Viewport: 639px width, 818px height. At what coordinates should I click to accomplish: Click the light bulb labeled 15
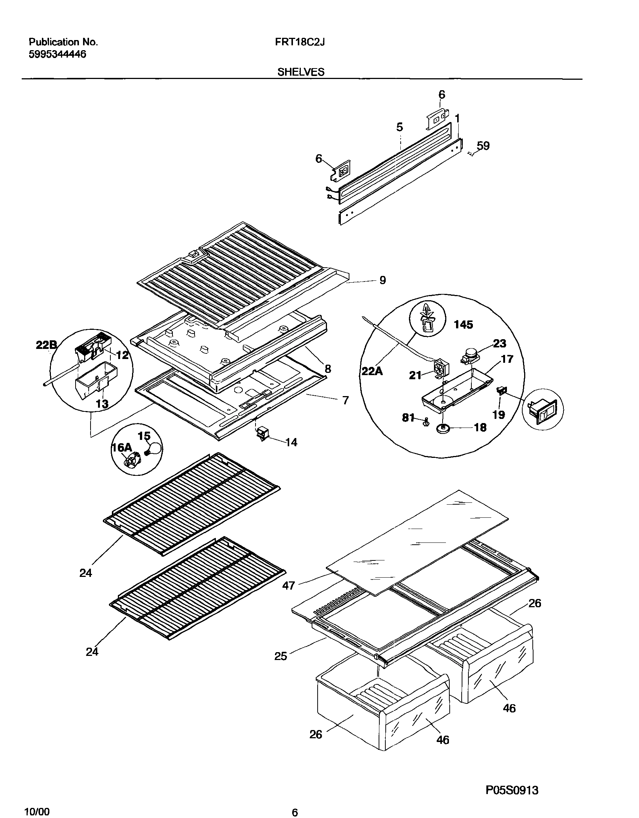(x=154, y=449)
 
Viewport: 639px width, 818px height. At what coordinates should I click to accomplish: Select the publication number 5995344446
(x=57, y=54)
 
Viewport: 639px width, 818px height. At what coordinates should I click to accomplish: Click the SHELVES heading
(x=300, y=72)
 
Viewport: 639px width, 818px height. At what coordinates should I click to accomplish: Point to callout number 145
(x=464, y=325)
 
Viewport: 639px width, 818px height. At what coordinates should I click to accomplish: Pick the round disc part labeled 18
(x=444, y=429)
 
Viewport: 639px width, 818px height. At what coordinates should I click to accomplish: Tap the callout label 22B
(x=46, y=345)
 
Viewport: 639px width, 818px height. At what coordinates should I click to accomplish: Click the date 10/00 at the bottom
(x=36, y=811)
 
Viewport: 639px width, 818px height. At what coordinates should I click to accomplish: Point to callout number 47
(x=288, y=586)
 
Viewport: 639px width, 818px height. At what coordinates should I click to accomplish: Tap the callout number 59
(x=483, y=146)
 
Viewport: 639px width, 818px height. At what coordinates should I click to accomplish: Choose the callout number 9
(x=382, y=280)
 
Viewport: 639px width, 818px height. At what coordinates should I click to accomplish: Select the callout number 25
(x=280, y=656)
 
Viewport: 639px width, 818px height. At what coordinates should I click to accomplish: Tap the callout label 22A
(x=372, y=371)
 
